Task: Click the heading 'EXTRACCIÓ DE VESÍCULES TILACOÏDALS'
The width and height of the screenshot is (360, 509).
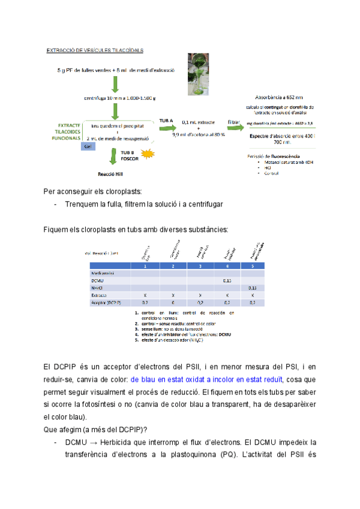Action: [95, 50]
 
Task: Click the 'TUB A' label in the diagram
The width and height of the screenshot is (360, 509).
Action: [166, 121]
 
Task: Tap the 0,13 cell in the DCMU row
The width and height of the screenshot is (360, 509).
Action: [227, 280]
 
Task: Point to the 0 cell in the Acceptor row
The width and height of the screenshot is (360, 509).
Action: [172, 304]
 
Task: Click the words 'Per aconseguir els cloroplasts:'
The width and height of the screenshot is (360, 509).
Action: [93, 192]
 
